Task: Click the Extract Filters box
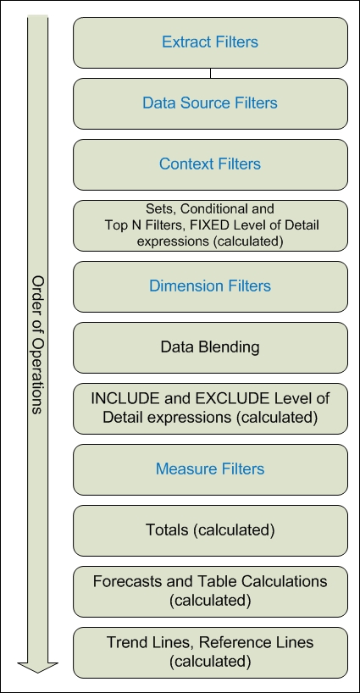[x=210, y=42]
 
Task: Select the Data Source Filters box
[x=210, y=103]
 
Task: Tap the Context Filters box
[x=210, y=164]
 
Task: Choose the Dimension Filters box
[x=210, y=286]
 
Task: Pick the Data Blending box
[x=210, y=347]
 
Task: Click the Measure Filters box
[x=210, y=469]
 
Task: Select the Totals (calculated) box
[x=210, y=530]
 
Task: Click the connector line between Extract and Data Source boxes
[x=210, y=74]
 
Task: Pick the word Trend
[x=122, y=641]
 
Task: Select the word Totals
[x=167, y=529]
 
